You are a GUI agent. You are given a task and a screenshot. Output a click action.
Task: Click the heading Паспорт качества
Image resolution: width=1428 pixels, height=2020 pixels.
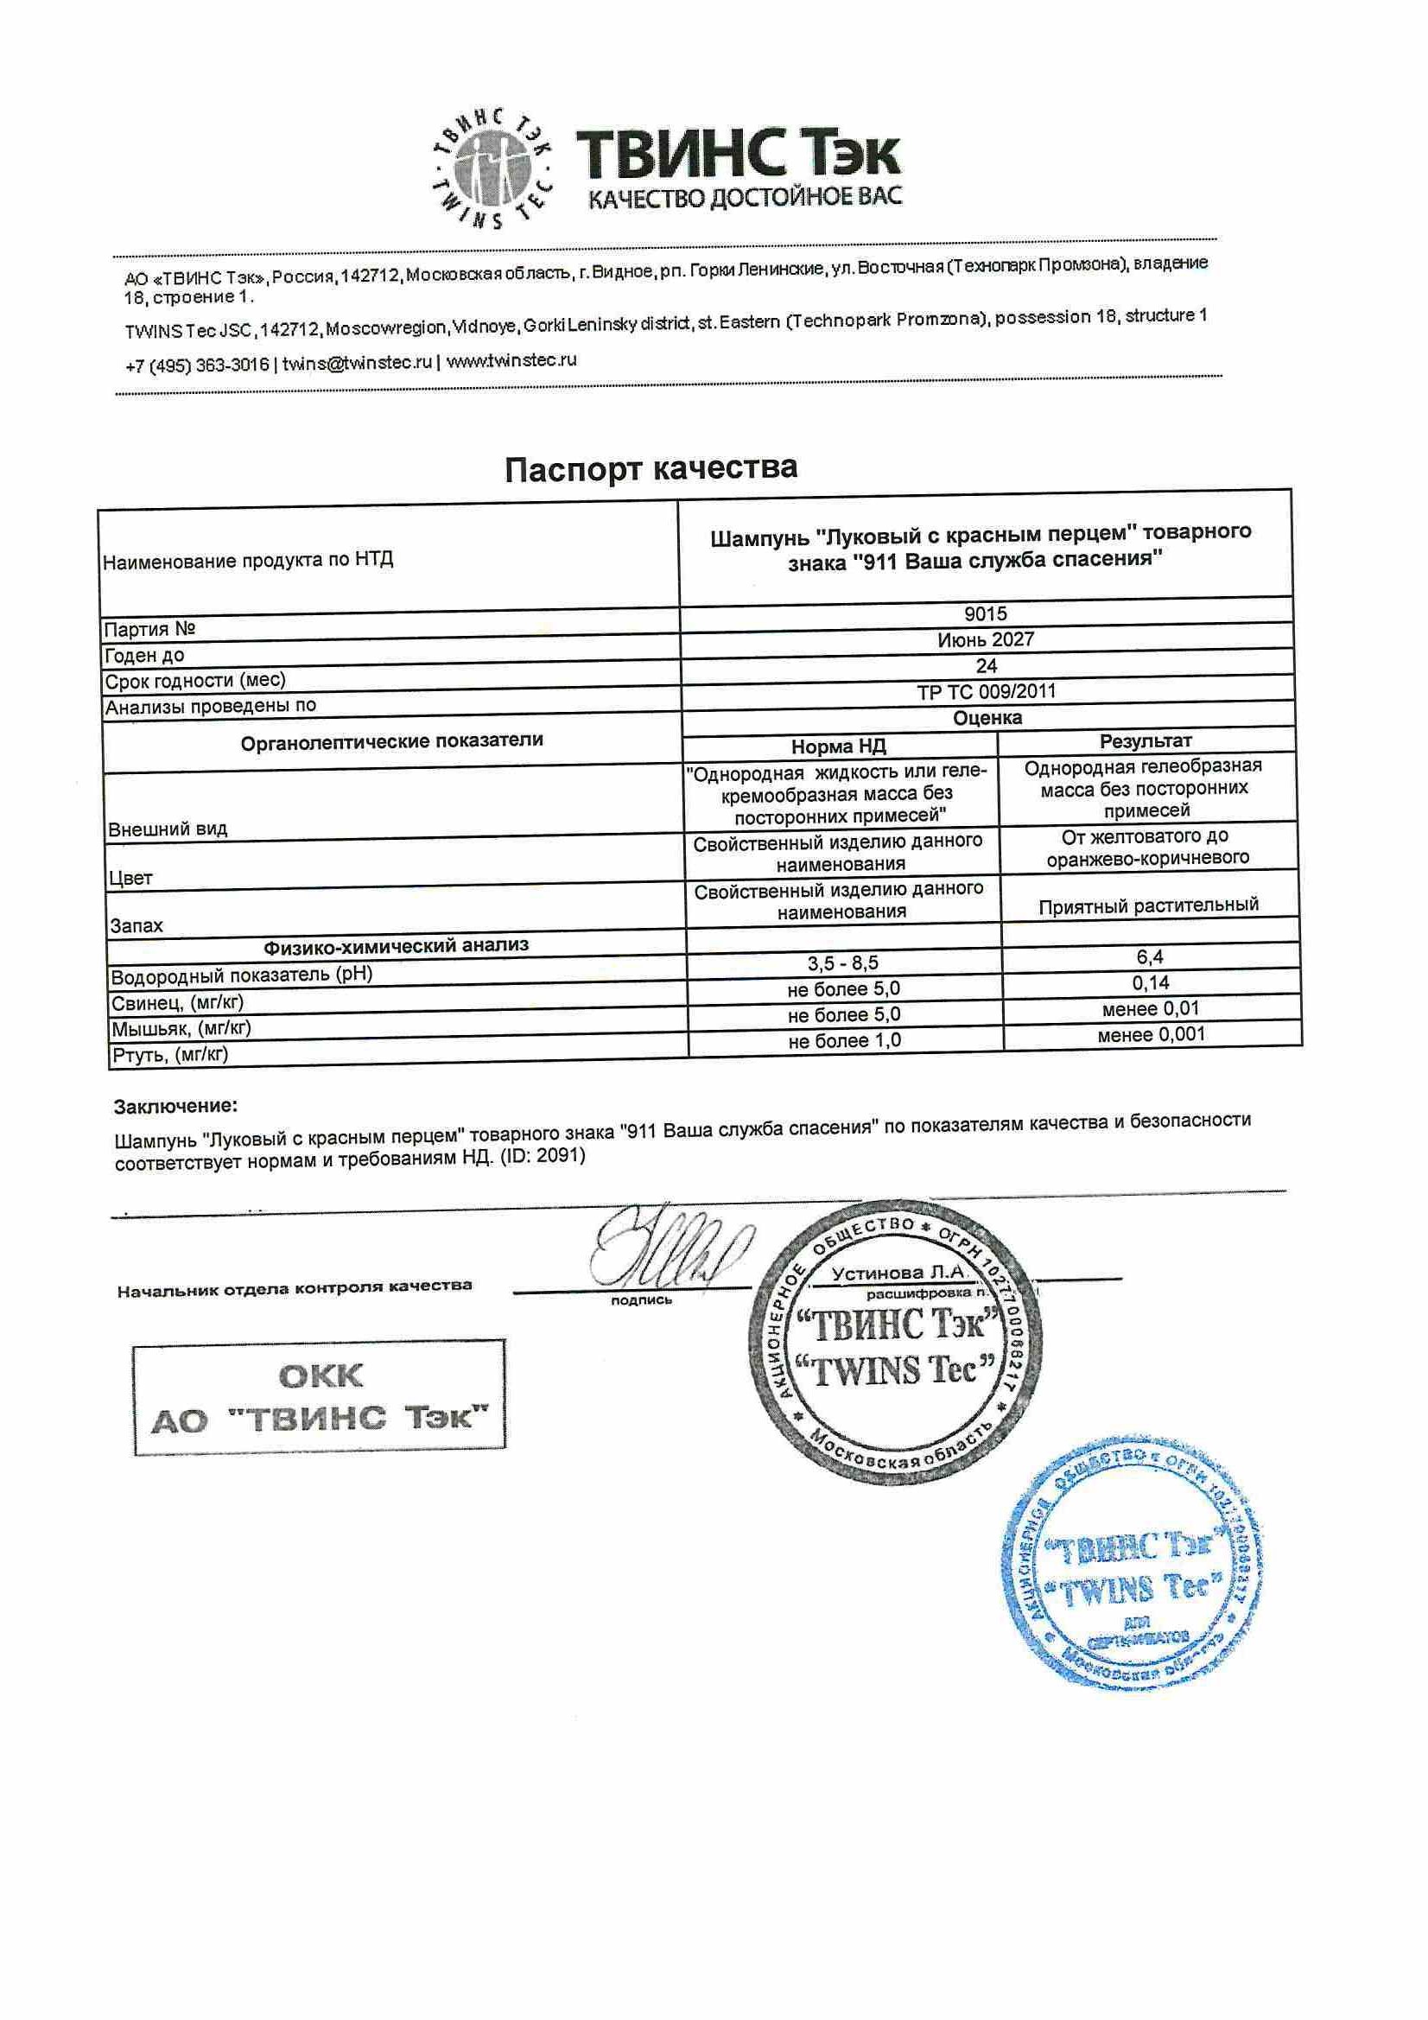click(x=651, y=468)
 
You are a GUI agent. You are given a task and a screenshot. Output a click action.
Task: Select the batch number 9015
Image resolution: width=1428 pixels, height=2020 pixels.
click(x=986, y=614)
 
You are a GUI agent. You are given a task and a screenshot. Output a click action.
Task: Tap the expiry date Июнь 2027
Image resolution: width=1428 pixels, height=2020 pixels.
click(x=986, y=639)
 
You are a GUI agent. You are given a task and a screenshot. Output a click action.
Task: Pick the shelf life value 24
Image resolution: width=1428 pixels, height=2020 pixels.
click(x=986, y=665)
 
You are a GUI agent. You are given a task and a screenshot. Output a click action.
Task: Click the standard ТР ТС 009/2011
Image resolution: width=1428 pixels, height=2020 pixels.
click(x=986, y=691)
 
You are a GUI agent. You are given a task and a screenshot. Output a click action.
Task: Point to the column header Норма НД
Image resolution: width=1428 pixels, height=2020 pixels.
click(x=838, y=747)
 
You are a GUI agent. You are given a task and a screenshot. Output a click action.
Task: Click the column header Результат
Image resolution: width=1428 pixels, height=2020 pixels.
click(x=1146, y=740)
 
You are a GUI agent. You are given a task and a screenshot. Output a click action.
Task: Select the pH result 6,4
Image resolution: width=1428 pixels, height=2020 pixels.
click(x=1149, y=956)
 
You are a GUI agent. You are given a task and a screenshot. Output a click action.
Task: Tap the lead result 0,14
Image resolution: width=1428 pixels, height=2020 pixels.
click(x=1150, y=982)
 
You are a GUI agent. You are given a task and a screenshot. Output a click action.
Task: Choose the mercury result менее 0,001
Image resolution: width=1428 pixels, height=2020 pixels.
click(x=1151, y=1035)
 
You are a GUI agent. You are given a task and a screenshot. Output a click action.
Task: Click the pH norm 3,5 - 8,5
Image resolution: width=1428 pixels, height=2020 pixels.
click(x=843, y=963)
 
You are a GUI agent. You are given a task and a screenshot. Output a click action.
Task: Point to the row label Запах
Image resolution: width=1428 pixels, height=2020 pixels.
click(x=136, y=925)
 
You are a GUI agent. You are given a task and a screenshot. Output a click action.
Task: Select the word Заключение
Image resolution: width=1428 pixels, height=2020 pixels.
click(x=175, y=1106)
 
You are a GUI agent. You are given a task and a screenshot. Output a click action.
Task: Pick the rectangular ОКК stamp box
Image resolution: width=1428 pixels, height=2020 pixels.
click(x=319, y=1395)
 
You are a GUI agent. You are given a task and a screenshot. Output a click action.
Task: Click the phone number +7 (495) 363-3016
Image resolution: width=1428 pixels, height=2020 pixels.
click(x=197, y=365)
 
